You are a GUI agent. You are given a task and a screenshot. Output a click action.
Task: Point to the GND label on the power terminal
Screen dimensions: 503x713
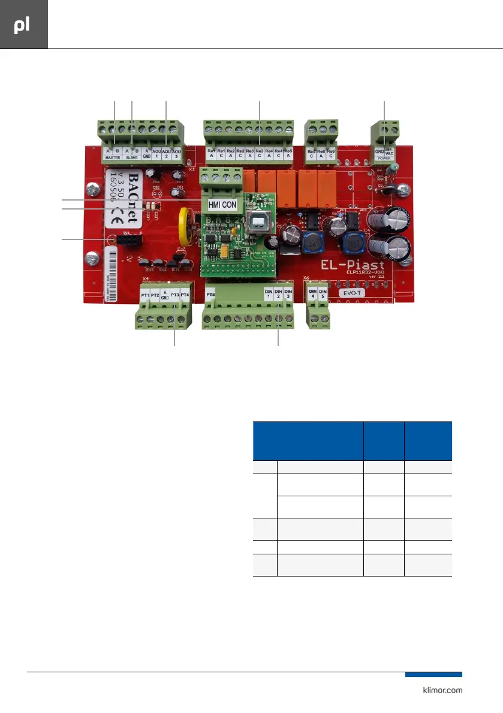(x=379, y=152)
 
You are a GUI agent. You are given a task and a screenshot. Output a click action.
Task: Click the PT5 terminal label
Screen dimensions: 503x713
(x=210, y=295)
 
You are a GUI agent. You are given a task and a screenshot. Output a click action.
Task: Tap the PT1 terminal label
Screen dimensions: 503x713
(x=144, y=296)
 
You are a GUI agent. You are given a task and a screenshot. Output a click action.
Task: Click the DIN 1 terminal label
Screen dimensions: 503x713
(x=269, y=294)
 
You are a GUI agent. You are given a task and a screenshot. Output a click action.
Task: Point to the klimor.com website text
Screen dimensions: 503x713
(x=440, y=690)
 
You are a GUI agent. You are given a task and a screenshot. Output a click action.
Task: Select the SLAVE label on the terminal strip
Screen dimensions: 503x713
(x=132, y=157)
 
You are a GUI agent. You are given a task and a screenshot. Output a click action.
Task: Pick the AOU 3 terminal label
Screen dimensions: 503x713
(x=176, y=154)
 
